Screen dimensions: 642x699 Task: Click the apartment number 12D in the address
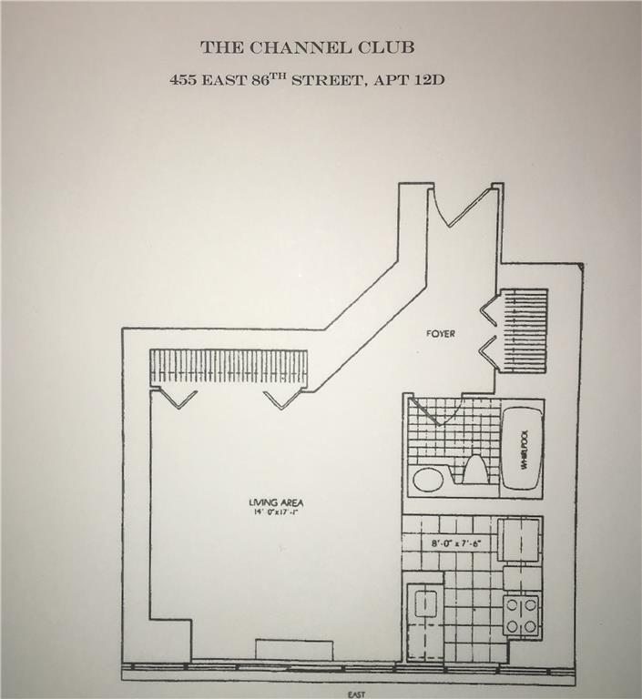click(430, 79)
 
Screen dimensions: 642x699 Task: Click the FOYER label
click(440, 334)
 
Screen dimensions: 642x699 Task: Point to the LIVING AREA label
click(276, 502)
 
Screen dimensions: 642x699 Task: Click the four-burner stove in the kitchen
click(522, 614)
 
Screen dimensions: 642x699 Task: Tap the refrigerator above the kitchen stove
click(519, 541)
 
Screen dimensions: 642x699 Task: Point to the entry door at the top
click(464, 205)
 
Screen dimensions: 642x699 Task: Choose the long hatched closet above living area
click(229, 366)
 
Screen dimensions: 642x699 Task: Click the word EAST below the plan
click(356, 694)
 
